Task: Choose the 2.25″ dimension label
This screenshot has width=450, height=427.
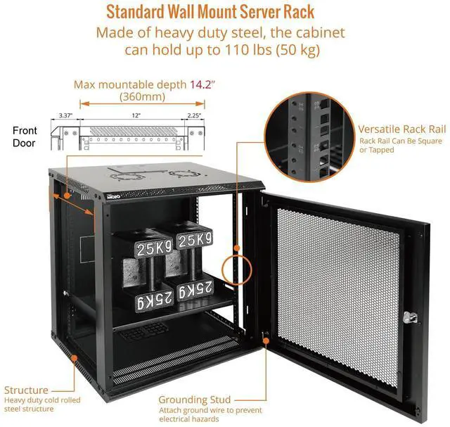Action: coord(194,115)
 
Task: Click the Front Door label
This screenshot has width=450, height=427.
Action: coord(25,136)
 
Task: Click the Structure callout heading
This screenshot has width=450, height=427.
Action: coord(27,390)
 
